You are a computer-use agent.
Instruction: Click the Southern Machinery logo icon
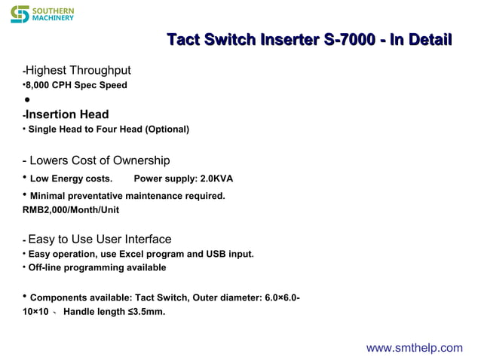point(20,14)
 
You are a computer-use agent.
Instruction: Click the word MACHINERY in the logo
point(54,18)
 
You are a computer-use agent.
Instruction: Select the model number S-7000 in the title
point(348,39)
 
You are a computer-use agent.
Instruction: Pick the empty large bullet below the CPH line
point(26,100)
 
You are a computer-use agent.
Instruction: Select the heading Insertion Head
point(67,114)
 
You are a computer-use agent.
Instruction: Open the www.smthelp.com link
point(414,347)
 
